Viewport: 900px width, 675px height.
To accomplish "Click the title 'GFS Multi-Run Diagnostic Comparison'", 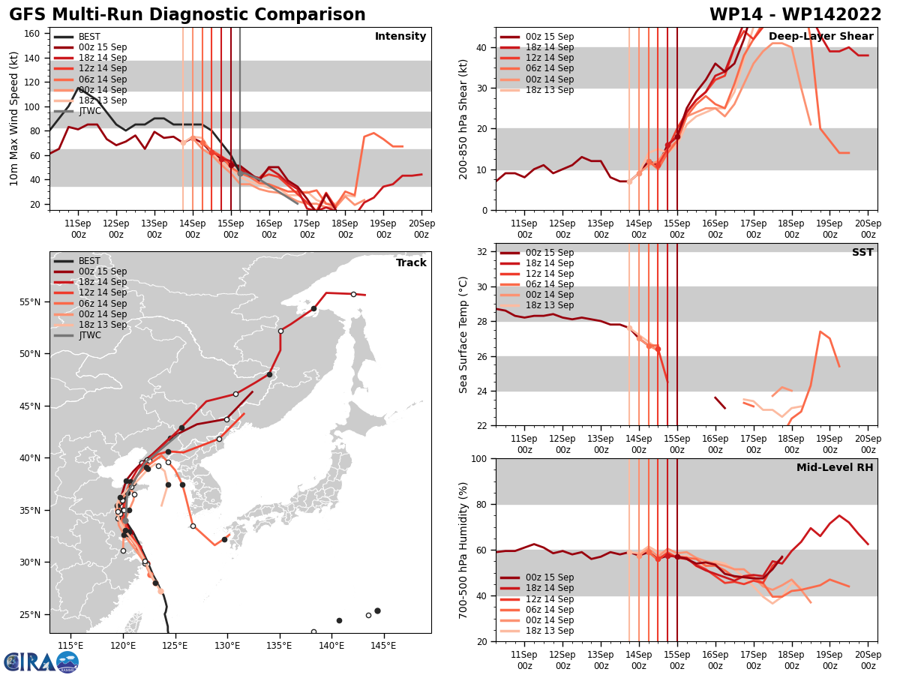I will (x=187, y=15).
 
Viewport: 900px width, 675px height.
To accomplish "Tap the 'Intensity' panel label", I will (x=400, y=37).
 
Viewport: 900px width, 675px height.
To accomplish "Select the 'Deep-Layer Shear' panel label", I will (x=820, y=37).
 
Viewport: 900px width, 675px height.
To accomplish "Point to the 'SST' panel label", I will (x=862, y=253).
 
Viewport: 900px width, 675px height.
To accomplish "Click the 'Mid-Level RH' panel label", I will (x=835, y=468).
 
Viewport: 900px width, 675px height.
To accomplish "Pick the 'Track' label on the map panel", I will (x=411, y=263).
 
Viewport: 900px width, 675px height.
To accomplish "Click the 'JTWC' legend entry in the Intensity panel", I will (x=90, y=111).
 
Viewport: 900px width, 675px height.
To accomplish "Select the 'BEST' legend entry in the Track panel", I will (x=89, y=261).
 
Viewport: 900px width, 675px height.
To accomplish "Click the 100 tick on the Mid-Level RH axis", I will (x=480, y=458).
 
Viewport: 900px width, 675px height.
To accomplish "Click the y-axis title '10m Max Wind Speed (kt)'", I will (x=13, y=118).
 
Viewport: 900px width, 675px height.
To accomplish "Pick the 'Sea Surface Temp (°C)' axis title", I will (x=463, y=334).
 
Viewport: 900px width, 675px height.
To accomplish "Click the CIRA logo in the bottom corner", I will (x=41, y=661).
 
